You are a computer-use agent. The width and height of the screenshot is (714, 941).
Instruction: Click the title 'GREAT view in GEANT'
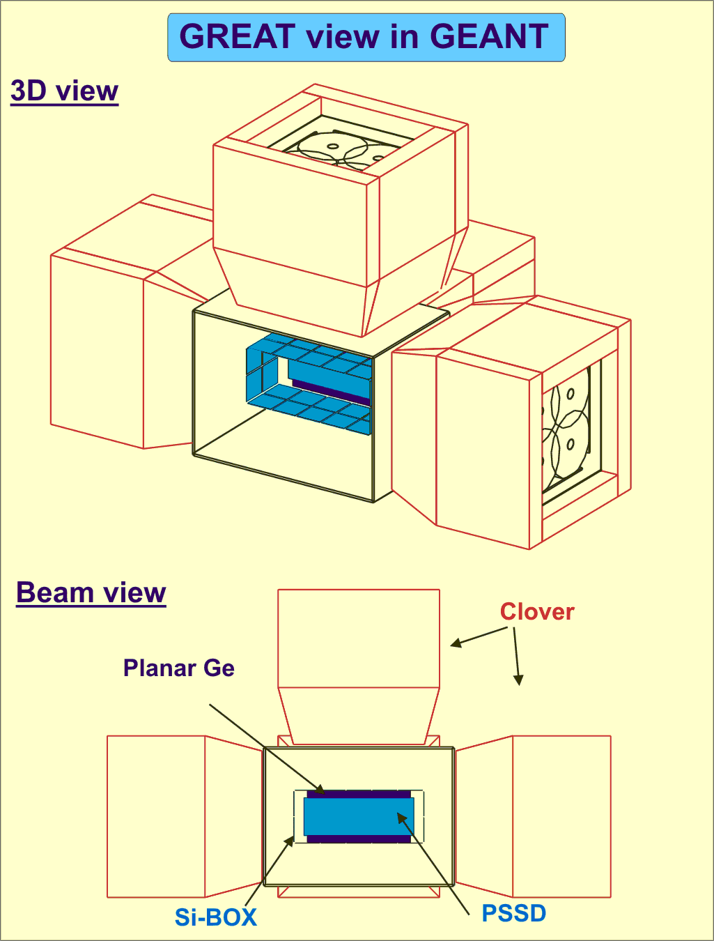(366, 37)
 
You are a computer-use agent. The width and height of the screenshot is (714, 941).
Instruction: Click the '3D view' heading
(64, 91)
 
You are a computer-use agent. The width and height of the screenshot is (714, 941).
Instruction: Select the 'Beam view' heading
(91, 592)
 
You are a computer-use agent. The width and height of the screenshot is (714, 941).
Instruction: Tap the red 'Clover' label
(537, 611)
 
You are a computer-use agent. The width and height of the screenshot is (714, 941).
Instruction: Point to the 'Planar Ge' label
(178, 668)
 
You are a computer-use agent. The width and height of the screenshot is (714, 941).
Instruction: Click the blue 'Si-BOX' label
(215, 917)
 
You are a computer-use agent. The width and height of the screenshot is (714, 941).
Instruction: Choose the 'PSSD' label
(514, 913)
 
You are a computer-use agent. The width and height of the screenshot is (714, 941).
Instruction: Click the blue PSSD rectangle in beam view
(359, 816)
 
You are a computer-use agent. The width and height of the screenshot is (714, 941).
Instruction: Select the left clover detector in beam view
(157, 816)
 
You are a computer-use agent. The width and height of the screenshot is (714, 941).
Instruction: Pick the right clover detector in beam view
(561, 816)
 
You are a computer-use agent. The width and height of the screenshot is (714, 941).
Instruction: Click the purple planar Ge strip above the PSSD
(359, 794)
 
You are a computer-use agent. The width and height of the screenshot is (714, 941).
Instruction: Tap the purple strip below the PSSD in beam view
(359, 839)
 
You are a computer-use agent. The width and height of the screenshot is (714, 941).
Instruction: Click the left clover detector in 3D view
(98, 349)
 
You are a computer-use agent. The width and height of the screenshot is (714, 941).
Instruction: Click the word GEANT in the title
(489, 37)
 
